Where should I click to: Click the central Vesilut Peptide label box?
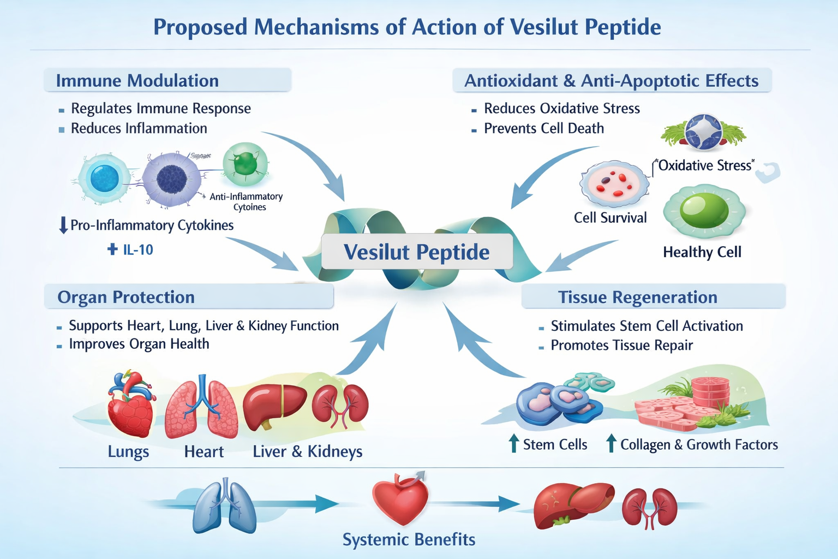(x=417, y=252)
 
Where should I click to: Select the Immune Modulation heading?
(x=137, y=81)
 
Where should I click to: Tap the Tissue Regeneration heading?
(x=637, y=297)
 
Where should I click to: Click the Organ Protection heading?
(x=126, y=297)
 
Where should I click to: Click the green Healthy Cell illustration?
(x=704, y=211)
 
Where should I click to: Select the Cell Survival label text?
(x=610, y=218)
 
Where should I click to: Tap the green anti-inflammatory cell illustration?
(x=246, y=163)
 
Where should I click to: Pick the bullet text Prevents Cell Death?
(x=544, y=128)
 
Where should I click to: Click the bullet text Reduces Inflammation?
(x=139, y=128)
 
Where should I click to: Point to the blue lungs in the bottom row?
(x=224, y=506)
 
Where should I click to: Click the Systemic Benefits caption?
(x=409, y=539)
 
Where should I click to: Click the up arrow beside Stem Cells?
(x=513, y=443)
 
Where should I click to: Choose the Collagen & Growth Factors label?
(x=699, y=444)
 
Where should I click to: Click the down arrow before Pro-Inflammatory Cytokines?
(x=63, y=225)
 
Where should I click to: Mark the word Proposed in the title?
(x=200, y=27)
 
